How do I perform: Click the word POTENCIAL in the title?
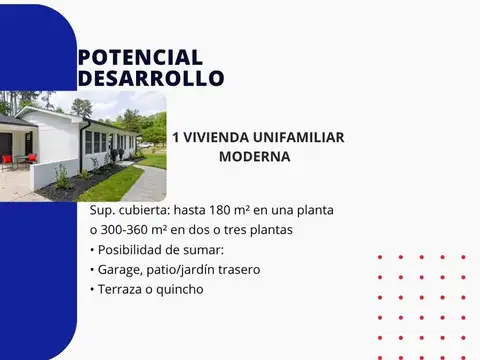pos(140,58)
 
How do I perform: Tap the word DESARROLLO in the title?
pos(151,78)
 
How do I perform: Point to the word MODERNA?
pos(254,157)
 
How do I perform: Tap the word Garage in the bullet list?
pos(121,270)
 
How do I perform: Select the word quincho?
pos(179,289)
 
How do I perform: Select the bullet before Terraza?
pos(93,289)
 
